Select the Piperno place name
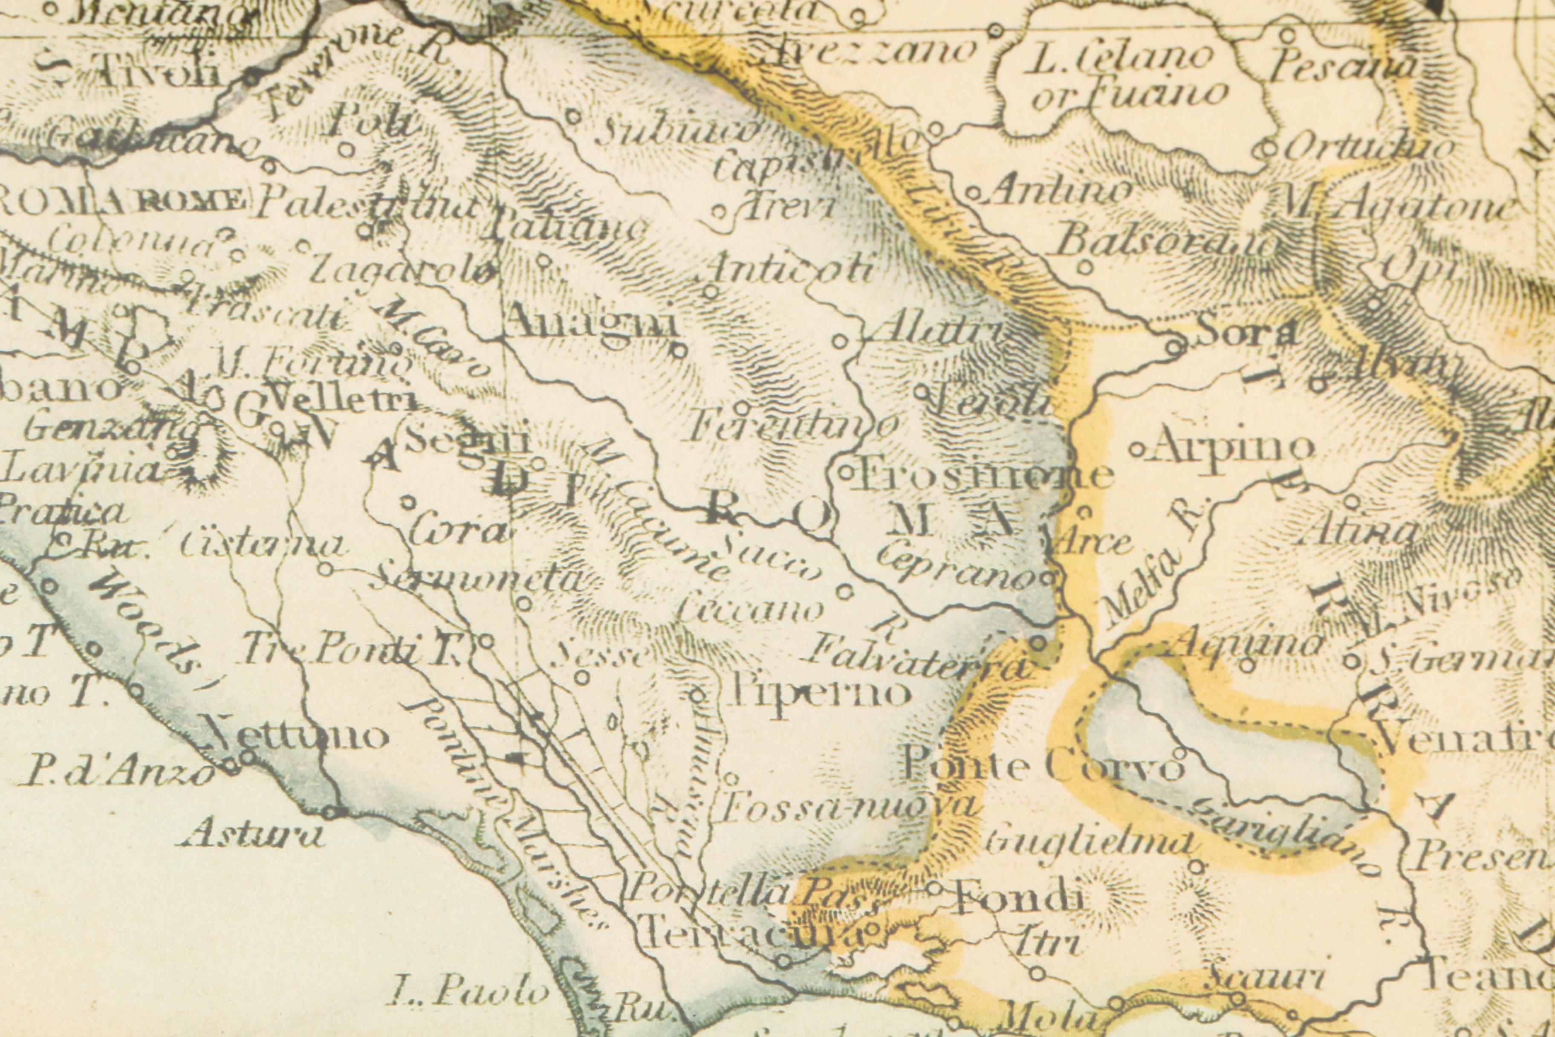pos(818,693)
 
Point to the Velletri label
pos(344,399)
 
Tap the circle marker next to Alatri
pos(839,341)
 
